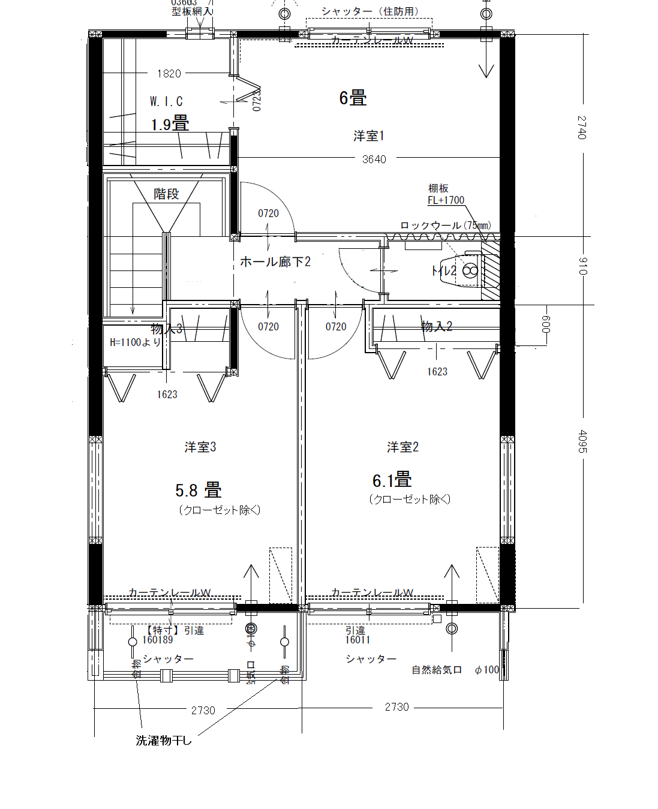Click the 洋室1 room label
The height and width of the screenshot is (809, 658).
coord(368,136)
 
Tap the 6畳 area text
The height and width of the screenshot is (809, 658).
coord(353,98)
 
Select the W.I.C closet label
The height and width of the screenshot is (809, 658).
coord(166,101)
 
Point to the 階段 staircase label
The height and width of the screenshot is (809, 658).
coord(166,194)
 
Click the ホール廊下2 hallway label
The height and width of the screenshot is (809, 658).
coord(275,261)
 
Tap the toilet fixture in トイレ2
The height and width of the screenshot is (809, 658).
coord(470,270)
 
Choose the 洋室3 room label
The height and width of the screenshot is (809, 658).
coord(200,447)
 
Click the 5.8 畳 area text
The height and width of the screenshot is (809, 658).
coord(199,491)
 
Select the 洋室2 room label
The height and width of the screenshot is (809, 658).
coord(402,447)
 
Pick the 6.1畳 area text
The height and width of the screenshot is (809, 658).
coord(392,480)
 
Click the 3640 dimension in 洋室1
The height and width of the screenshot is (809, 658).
coord(374,159)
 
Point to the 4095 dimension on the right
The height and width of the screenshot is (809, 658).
coord(582,441)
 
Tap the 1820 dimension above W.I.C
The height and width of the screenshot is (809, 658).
coord(169,73)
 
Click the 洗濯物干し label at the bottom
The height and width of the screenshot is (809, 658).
coord(164,741)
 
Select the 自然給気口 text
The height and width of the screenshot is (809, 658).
coord(437,670)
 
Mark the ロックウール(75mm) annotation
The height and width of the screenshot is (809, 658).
coord(446,225)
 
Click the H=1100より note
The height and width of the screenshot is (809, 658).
coord(136,342)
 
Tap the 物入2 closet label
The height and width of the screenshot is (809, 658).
coord(437,326)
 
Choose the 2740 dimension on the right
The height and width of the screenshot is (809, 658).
coord(582,128)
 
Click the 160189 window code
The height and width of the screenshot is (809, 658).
coord(157,640)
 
